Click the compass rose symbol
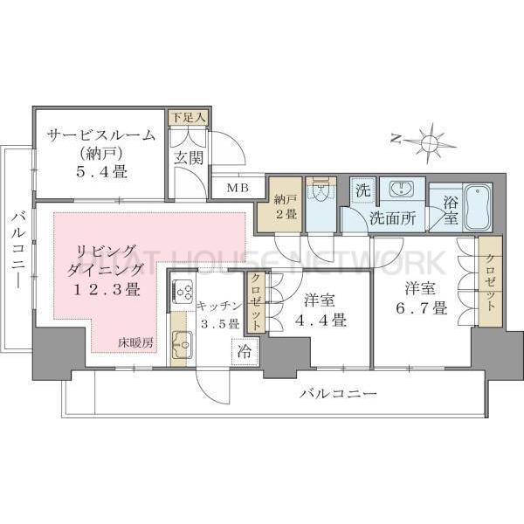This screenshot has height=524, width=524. pos(429,141)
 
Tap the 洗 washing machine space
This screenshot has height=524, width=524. pos(362,189)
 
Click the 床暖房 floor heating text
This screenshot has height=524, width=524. pos(135,341)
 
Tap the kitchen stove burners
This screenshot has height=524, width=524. pos(183,291)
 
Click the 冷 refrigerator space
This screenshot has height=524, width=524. pos(244,354)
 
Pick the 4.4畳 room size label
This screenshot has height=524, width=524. pos(325,320)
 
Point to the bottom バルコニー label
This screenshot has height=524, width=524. pos(338,394)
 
